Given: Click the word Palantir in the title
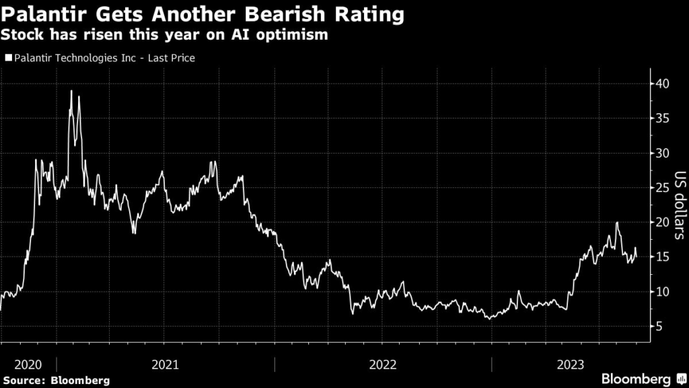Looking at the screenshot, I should [x=42, y=13].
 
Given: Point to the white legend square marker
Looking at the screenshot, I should [x=8, y=59].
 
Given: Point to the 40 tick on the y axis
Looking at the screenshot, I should [x=662, y=84].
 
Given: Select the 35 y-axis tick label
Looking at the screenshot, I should [x=662, y=119].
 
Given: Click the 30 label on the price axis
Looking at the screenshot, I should [x=662, y=154].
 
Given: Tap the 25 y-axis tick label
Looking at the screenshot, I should [x=662, y=188].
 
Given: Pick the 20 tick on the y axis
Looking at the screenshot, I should [x=662, y=222].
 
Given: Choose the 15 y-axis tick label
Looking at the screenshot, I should [x=662, y=257].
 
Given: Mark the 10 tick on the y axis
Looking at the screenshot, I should [x=662, y=292].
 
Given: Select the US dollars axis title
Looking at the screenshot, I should [x=680, y=205].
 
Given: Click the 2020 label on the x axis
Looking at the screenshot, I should [x=28, y=364].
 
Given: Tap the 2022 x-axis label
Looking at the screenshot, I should [x=383, y=364].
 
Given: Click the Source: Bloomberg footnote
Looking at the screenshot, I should [x=56, y=380].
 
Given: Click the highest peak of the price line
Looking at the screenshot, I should [x=71, y=91].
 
